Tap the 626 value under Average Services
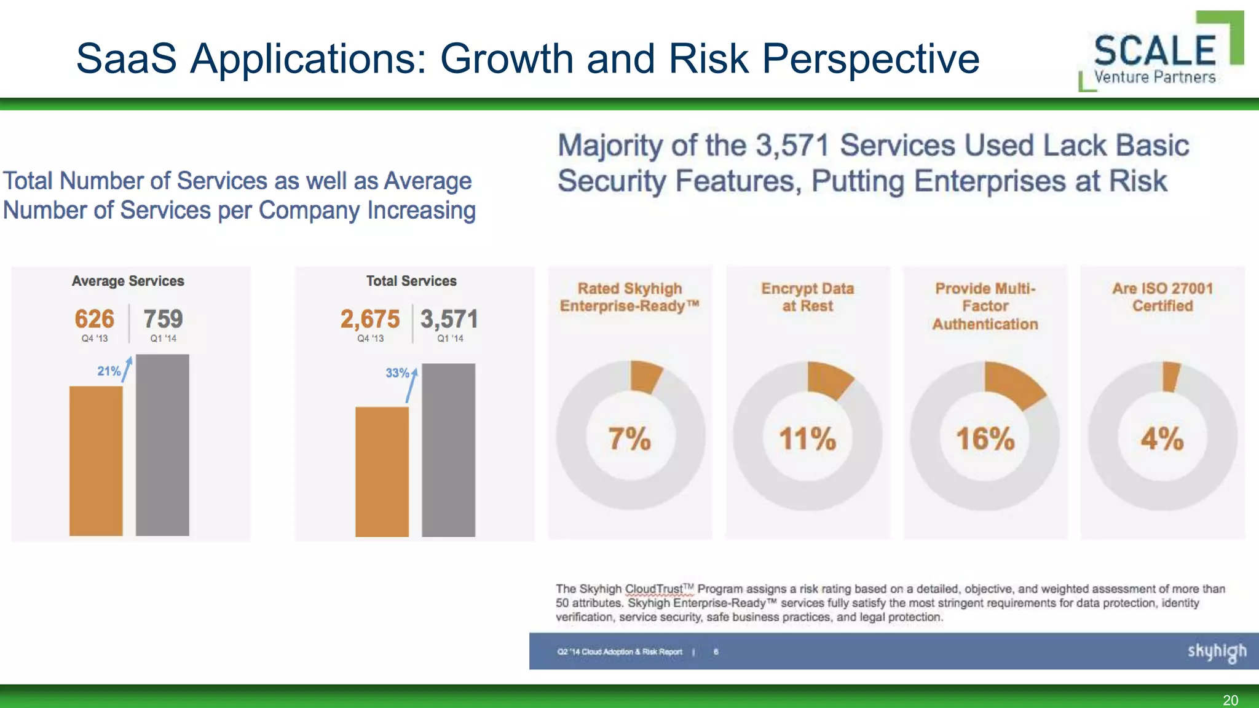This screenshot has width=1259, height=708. click(94, 319)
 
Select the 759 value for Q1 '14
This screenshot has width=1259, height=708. click(163, 319)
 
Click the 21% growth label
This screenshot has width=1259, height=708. click(109, 371)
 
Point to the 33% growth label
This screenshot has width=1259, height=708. click(397, 373)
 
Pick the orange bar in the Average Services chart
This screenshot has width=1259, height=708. click(96, 461)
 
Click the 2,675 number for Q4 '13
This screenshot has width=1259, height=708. click(370, 319)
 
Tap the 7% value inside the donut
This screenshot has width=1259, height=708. click(629, 439)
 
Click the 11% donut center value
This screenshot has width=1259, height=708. click(807, 439)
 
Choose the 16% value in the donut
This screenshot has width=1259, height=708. click(985, 439)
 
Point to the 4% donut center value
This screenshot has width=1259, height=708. click(1162, 439)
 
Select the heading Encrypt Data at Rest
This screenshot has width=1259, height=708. click(807, 297)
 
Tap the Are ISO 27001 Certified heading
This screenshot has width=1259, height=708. click(1162, 297)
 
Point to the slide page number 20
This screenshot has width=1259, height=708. click(1230, 700)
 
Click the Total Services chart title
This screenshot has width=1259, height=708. click(411, 281)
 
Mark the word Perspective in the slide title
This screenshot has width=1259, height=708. click(870, 59)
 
